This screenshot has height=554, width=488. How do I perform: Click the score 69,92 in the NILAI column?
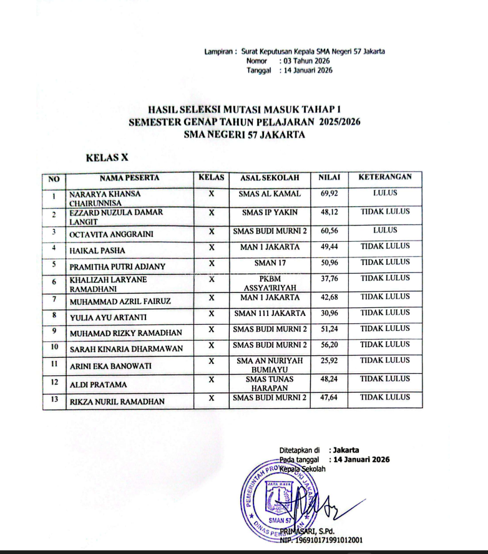click(328, 194)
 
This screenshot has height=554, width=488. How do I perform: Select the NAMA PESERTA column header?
click(129, 178)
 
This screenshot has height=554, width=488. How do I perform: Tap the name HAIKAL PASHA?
click(98, 250)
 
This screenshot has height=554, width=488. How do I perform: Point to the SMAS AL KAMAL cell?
click(270, 194)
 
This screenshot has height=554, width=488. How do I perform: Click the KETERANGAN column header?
click(385, 178)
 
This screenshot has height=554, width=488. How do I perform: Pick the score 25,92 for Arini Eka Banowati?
click(328, 360)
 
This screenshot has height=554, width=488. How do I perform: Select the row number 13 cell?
click(54, 400)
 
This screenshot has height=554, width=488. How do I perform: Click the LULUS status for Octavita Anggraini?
click(385, 230)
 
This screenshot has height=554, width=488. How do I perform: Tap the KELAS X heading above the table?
click(107, 158)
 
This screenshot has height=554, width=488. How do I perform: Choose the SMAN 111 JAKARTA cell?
click(270, 313)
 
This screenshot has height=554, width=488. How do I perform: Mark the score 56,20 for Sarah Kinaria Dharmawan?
click(328, 345)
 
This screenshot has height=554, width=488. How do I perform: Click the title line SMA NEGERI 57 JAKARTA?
click(245, 134)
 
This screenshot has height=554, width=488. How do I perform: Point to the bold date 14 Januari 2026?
click(362, 459)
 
